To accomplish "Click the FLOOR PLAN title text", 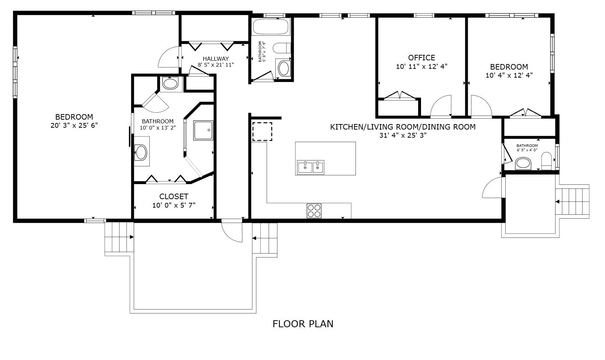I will pyautogui.click(x=303, y=324).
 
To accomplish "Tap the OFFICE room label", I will pyautogui.click(x=421, y=58).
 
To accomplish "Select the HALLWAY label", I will pyautogui.click(x=216, y=59).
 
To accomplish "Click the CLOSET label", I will pyautogui.click(x=174, y=197).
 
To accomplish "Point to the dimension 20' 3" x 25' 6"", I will pyautogui.click(x=74, y=125).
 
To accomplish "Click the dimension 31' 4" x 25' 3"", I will pyautogui.click(x=403, y=135).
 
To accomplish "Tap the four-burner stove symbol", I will pyautogui.click(x=314, y=211).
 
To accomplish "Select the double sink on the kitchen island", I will pyautogui.click(x=311, y=167).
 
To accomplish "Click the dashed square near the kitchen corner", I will pyautogui.click(x=262, y=132).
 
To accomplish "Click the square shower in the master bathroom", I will pyautogui.click(x=204, y=130).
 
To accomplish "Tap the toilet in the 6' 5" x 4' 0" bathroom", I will pyautogui.click(x=546, y=161).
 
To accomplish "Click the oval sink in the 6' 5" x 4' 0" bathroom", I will pyautogui.click(x=523, y=162).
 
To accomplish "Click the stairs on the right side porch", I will pyautogui.click(x=574, y=202).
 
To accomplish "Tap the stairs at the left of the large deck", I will pyautogui.click(x=119, y=237).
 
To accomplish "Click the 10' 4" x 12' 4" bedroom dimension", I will pyautogui.click(x=509, y=75).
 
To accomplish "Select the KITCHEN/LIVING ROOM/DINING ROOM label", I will pyautogui.click(x=403, y=127).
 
